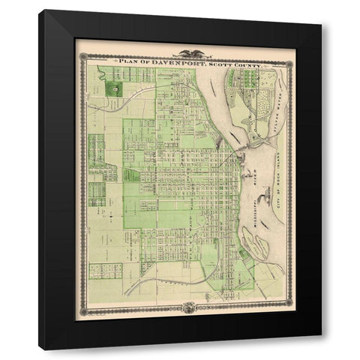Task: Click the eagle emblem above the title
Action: pos(186,52)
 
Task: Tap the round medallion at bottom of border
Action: pos(186,306)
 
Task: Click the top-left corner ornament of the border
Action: pos(85,55)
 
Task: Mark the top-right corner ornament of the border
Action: pos(289,55)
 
